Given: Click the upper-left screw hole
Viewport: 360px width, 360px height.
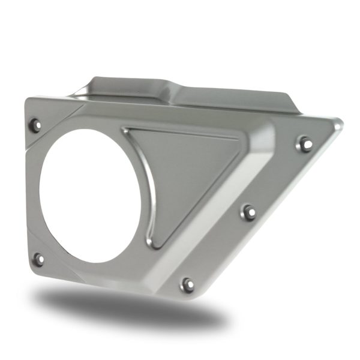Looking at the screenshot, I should tap(35, 125).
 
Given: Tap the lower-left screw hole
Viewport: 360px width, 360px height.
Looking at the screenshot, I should tap(38, 259).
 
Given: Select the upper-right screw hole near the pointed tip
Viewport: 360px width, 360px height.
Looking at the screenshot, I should tap(305, 143).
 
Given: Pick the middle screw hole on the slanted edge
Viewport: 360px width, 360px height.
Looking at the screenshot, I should tap(250, 211).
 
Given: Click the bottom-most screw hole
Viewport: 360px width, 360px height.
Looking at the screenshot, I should tap(188, 284).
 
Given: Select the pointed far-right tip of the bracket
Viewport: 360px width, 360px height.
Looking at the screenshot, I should tap(340, 124).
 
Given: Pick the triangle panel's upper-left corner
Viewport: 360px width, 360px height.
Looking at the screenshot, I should tap(127, 131).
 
